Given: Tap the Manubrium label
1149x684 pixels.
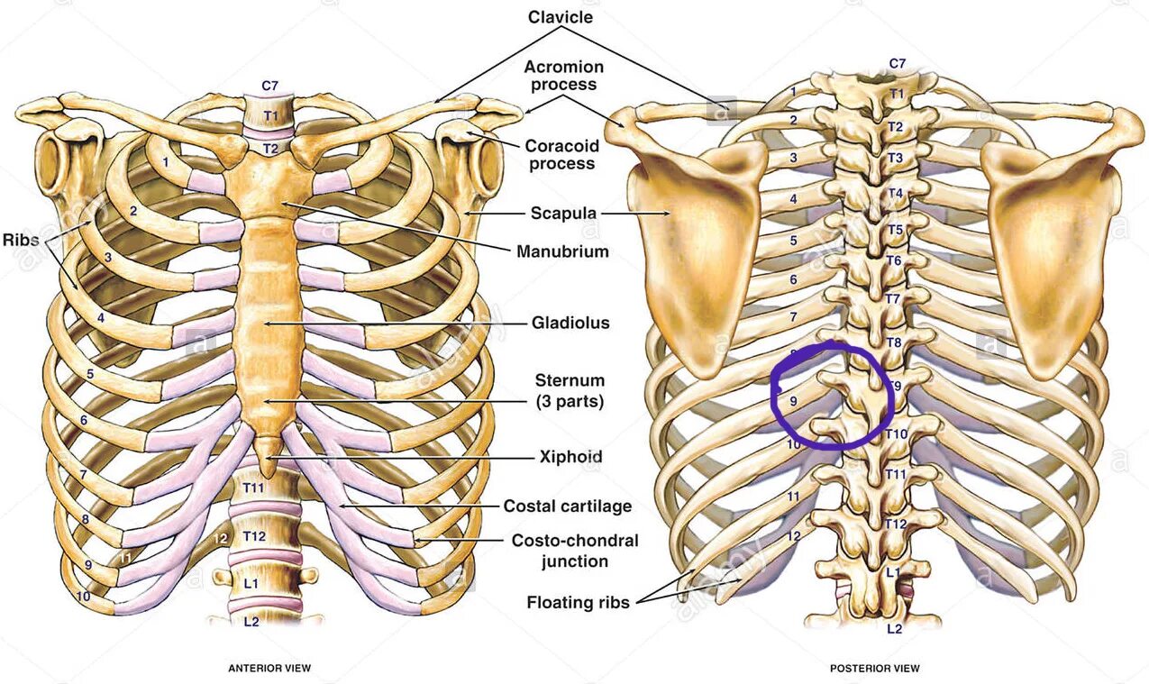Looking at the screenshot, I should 562,251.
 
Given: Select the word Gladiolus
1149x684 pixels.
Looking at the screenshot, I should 570,322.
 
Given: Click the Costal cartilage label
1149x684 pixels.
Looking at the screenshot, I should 567,506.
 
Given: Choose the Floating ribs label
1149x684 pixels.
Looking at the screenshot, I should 578,601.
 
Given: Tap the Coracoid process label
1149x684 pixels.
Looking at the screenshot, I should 562,154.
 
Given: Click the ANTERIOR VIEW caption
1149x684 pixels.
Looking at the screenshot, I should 269,668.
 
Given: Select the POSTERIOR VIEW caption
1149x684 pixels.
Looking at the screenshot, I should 874,668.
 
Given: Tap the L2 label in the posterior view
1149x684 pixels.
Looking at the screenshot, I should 894,628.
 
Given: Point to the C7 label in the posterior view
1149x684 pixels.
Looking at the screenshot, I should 898,63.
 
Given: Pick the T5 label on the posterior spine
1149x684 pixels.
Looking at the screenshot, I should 895,230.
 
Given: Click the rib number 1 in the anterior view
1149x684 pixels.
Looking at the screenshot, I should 166,161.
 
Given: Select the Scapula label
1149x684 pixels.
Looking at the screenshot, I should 563,214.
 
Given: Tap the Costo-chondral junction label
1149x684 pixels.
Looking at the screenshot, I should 575,551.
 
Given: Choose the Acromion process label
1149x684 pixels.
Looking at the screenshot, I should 563,76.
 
